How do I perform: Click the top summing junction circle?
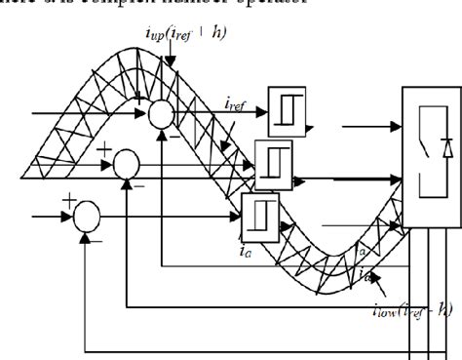162,114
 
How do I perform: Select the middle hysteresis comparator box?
274,157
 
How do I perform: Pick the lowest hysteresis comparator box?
259,209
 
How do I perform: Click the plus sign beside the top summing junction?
139,100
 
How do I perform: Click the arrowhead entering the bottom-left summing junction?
70,212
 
